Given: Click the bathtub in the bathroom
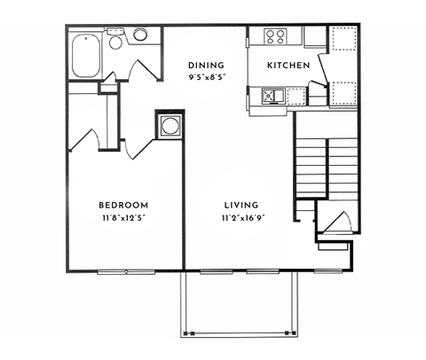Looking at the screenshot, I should click(x=85, y=55).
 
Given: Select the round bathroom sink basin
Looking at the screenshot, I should click(x=140, y=35).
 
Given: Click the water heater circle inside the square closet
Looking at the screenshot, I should click(x=169, y=125).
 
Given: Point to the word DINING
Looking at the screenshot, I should click(x=206, y=65).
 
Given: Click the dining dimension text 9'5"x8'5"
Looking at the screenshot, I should click(x=206, y=77).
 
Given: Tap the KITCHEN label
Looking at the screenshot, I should click(x=289, y=66).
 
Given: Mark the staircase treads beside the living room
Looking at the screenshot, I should click(x=327, y=168).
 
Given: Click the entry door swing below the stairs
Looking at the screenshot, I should click(x=334, y=223).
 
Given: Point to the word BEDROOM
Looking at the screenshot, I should click(x=123, y=204).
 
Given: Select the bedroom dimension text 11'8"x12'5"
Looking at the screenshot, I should click(x=123, y=217).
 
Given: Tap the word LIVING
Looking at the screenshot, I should click(x=234, y=204).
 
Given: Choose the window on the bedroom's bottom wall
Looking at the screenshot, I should click(x=123, y=271).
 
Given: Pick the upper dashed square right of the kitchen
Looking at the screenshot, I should click(x=343, y=40).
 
